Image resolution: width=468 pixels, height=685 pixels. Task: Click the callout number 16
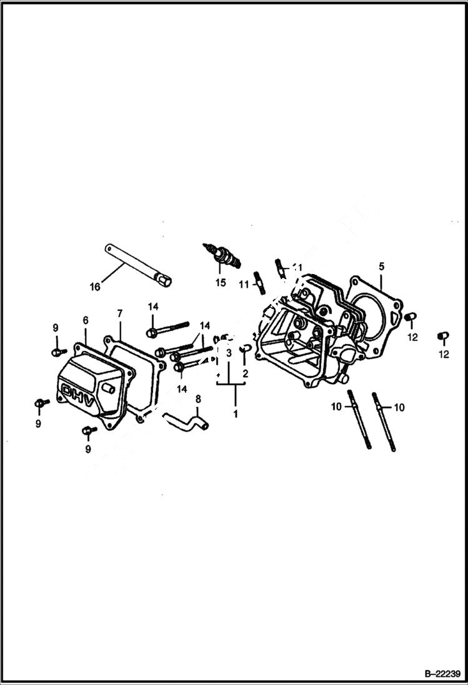tap(94, 287)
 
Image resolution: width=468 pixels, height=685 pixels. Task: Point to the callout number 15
tap(220, 282)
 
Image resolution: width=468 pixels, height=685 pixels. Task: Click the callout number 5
tap(381, 266)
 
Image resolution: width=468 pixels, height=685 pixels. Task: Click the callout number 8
tap(198, 399)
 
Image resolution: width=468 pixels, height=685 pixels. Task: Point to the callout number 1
tap(236, 413)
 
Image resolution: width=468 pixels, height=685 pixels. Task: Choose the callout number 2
tap(245, 373)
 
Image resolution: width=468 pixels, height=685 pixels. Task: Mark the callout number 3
tap(229, 353)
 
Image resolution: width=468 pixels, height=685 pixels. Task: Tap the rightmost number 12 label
tap(444, 354)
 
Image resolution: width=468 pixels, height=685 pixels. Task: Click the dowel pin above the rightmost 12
tap(442, 336)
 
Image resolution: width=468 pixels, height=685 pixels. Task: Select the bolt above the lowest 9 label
tap(88, 430)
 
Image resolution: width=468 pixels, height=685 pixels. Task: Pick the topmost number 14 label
tap(153, 306)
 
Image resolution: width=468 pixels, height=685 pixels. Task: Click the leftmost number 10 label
tap(336, 407)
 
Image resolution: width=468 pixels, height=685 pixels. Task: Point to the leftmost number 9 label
tap(38, 423)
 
